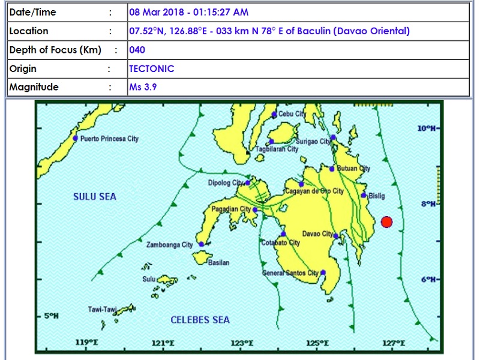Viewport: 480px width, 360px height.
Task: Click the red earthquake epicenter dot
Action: click(x=386, y=222)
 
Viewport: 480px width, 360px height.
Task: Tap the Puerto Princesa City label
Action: click(x=109, y=139)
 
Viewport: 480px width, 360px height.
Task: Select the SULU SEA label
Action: click(x=95, y=197)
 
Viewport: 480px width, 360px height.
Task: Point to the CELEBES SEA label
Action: click(x=200, y=320)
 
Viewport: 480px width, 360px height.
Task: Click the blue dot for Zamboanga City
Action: click(x=202, y=244)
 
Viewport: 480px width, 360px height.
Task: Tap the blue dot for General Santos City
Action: click(x=323, y=272)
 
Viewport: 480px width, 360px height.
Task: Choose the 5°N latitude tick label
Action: click(x=50, y=316)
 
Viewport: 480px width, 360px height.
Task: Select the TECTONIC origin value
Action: click(x=152, y=68)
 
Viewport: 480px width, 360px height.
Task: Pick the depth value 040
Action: click(x=137, y=50)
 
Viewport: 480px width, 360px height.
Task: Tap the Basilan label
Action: click(x=218, y=263)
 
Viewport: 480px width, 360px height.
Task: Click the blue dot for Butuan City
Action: click(x=332, y=169)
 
